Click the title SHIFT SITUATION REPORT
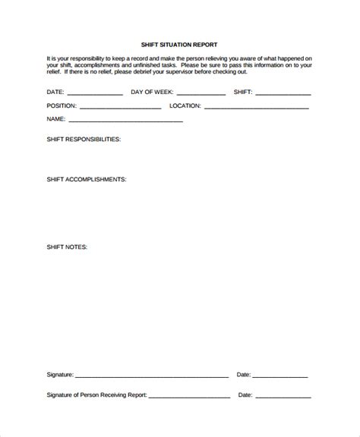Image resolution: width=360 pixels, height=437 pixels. (x=179, y=45)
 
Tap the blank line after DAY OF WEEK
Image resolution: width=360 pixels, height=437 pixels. (x=201, y=94)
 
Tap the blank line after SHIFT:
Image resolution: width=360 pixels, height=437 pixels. (x=283, y=94)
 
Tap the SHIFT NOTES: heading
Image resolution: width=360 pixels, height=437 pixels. (x=68, y=247)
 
